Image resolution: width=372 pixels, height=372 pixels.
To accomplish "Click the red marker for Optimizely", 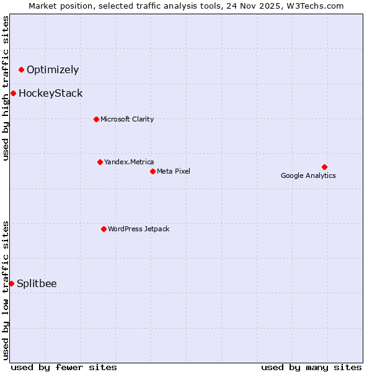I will pos(21,69).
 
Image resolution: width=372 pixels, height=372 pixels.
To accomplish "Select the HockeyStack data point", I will pos(13,93).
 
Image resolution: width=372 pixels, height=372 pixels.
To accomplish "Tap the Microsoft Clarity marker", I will pos(96,119).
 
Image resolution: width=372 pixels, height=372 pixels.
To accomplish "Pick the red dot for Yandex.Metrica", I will pos(100,162).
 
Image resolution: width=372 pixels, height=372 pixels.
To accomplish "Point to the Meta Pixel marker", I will pos(153,171).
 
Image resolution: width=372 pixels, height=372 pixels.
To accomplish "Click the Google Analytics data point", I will pos(324,167).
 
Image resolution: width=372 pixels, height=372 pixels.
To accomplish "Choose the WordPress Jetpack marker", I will pos(104,229).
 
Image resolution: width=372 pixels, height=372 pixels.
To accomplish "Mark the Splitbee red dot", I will pos(11,283).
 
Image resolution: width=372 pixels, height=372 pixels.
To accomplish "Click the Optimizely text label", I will pos(53,70).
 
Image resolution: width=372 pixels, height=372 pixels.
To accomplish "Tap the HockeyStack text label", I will pos(50,94).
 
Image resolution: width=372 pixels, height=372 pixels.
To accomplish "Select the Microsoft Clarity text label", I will pos(127,120).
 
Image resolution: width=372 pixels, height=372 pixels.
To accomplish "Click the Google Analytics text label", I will pos(308,175).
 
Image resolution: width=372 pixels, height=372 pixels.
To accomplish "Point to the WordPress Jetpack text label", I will pos(138,229).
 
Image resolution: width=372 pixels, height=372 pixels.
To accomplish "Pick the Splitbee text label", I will pos(37,284).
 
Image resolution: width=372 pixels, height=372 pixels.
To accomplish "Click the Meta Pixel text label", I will pos(174,172).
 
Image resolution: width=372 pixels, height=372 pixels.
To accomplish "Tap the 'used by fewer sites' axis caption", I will pos(64,367).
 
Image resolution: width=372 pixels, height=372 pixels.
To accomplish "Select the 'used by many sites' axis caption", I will pos(311,367).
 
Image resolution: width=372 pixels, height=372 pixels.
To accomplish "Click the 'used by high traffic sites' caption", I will pos(6,88).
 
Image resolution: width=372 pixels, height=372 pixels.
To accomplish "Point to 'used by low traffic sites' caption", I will pos(6,290).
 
